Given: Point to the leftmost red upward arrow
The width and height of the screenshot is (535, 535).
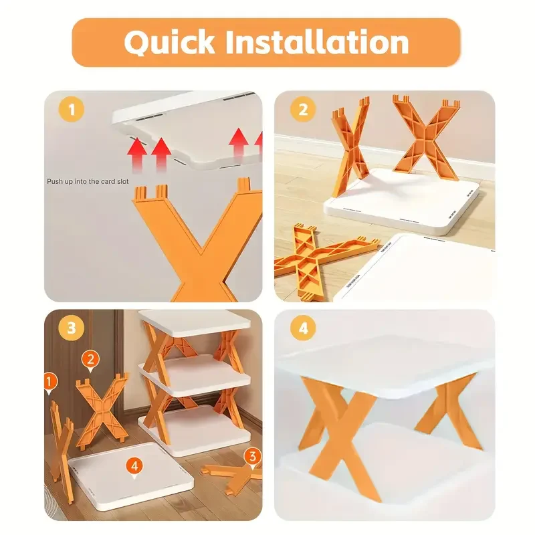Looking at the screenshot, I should [x=136, y=152].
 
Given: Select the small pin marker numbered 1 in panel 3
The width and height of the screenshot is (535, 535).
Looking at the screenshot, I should [x=47, y=383].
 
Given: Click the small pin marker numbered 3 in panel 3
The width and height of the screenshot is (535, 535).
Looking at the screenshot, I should [x=251, y=457].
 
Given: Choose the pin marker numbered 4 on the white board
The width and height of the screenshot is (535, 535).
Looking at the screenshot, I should [x=135, y=465].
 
